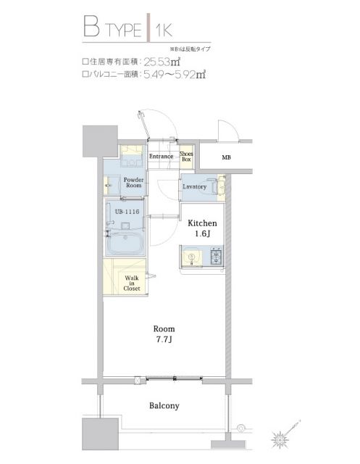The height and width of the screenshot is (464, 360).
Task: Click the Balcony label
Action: (164, 406)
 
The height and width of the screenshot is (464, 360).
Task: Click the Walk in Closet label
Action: (131, 283)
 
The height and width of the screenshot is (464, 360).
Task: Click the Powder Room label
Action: (133, 182)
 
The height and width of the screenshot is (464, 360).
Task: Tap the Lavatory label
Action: (195, 186)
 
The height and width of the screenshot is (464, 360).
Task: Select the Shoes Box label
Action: (186, 156)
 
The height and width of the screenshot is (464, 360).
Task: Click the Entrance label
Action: (161, 157)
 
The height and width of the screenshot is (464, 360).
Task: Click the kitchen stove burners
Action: (216, 256)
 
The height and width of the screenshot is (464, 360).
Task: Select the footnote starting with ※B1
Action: (189, 49)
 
